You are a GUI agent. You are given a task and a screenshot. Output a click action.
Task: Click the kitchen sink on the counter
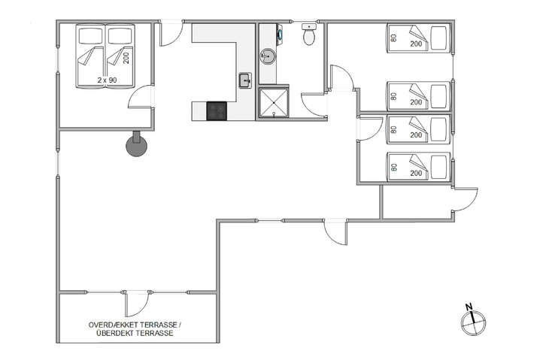click(244, 80)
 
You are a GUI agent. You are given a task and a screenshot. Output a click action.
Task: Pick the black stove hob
click(217, 111)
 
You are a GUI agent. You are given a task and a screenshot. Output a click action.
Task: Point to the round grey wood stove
click(136, 145)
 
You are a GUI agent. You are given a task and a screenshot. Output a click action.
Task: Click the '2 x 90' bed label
click(107, 79)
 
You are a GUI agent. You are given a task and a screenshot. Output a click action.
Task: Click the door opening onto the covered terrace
click(135, 304)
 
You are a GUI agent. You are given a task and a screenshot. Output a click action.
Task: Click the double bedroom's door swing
click(141, 101)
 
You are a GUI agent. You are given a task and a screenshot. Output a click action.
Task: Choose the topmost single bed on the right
click(417, 38)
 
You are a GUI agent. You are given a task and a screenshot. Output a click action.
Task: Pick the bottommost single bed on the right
click(417, 165)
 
